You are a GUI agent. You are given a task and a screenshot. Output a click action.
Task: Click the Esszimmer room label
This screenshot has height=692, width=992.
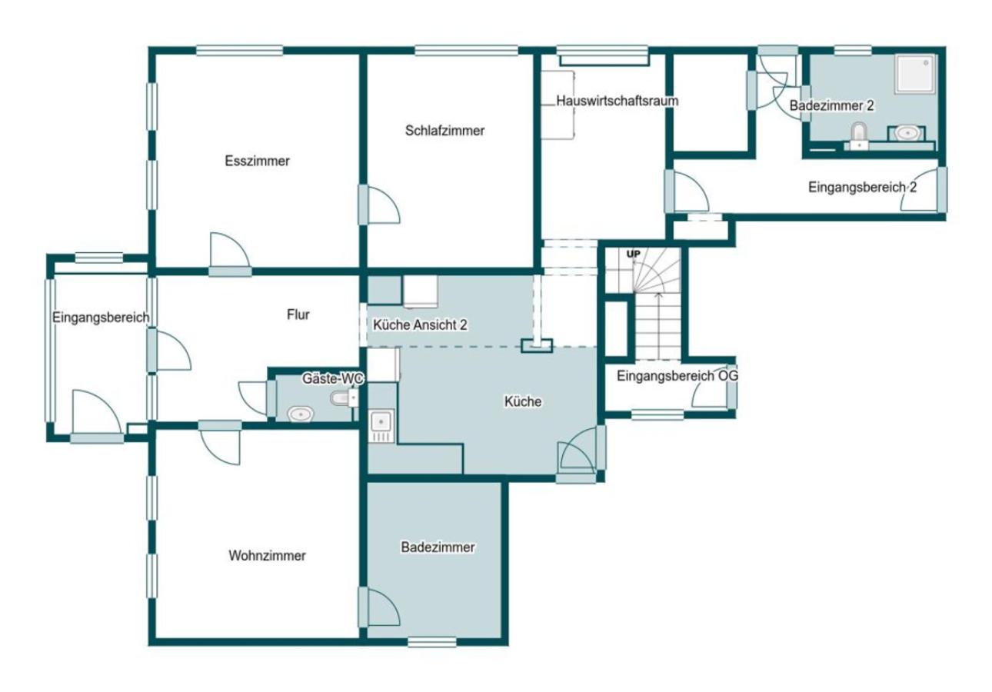tap(257, 161)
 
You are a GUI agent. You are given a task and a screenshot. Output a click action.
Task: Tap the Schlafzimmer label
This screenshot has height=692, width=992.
tap(444, 131)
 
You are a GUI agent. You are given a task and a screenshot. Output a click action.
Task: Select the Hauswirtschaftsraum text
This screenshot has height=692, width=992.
tap(617, 101)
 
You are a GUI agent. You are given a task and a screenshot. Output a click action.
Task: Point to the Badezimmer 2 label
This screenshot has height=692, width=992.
tap(832, 106)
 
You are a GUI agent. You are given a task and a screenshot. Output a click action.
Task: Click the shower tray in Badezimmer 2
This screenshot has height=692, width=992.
tap(915, 74)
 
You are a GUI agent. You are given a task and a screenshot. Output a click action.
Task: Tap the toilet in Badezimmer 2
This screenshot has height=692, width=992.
tap(859, 136)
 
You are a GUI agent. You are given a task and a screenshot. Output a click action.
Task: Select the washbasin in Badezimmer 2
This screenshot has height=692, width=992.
tap(906, 133)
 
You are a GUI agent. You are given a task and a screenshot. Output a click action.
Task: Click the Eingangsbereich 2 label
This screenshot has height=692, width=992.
tap(862, 188)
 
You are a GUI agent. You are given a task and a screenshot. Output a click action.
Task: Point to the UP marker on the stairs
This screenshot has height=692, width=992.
tap(634, 255)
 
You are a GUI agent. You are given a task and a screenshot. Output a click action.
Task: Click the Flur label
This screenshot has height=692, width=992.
tap(298, 314)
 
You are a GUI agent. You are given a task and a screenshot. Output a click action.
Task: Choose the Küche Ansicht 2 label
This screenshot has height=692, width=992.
tap(420, 325)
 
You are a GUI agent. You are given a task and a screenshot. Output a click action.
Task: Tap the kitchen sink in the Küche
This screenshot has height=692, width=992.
tap(381, 427)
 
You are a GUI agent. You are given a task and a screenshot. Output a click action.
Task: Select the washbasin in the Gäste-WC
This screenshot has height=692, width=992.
tap(301, 415)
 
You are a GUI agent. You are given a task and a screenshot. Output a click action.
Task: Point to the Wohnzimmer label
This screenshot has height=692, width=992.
tap(267, 556)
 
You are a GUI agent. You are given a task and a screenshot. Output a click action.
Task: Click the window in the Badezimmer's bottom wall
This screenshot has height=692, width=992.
tap(431, 642)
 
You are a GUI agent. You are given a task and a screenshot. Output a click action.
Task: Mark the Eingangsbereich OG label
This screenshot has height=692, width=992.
tap(677, 376)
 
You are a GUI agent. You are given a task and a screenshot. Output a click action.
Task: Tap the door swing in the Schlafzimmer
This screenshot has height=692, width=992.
tap(384, 205)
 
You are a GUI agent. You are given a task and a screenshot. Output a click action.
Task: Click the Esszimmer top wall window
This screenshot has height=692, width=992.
tap(240, 51)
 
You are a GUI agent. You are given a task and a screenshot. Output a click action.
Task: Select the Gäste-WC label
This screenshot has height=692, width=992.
tap(332, 378)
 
